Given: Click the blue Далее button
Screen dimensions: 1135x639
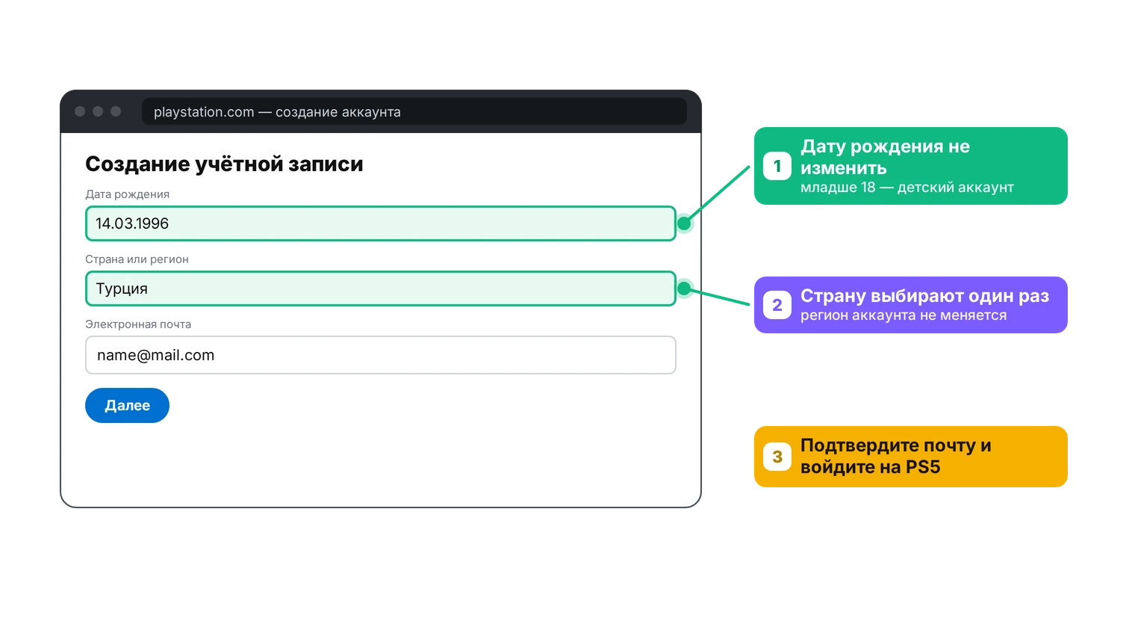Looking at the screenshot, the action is click(127, 405).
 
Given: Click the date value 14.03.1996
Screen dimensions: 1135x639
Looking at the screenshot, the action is click(132, 223).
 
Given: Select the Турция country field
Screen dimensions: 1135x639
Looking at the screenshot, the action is click(381, 288).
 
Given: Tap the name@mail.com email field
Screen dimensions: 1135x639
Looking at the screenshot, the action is click(381, 355).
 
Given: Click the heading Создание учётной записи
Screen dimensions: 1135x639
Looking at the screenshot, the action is click(224, 164).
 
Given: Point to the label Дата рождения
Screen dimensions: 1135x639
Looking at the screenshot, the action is click(127, 194).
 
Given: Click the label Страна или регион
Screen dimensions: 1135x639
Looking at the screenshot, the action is click(137, 259).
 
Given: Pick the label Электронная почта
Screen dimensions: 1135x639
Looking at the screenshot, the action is click(138, 324).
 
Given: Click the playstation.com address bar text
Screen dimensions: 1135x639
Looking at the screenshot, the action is click(277, 111).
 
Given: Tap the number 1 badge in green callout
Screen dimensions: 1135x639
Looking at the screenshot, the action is click(777, 166).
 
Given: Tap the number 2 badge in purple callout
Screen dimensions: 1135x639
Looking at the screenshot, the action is click(777, 305).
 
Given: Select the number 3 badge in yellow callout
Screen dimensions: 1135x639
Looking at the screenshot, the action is click(777, 457).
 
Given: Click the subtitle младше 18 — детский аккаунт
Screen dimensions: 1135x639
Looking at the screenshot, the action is click(907, 188).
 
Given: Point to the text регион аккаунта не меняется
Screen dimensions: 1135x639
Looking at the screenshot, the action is click(904, 315).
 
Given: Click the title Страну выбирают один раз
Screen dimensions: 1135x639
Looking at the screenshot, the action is click(924, 295).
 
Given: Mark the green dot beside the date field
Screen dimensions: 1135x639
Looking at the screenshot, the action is click(684, 223).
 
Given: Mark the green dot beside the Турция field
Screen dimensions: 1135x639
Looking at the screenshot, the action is click(684, 288).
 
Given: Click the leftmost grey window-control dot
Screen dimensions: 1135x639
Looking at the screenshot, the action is click(80, 111).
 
